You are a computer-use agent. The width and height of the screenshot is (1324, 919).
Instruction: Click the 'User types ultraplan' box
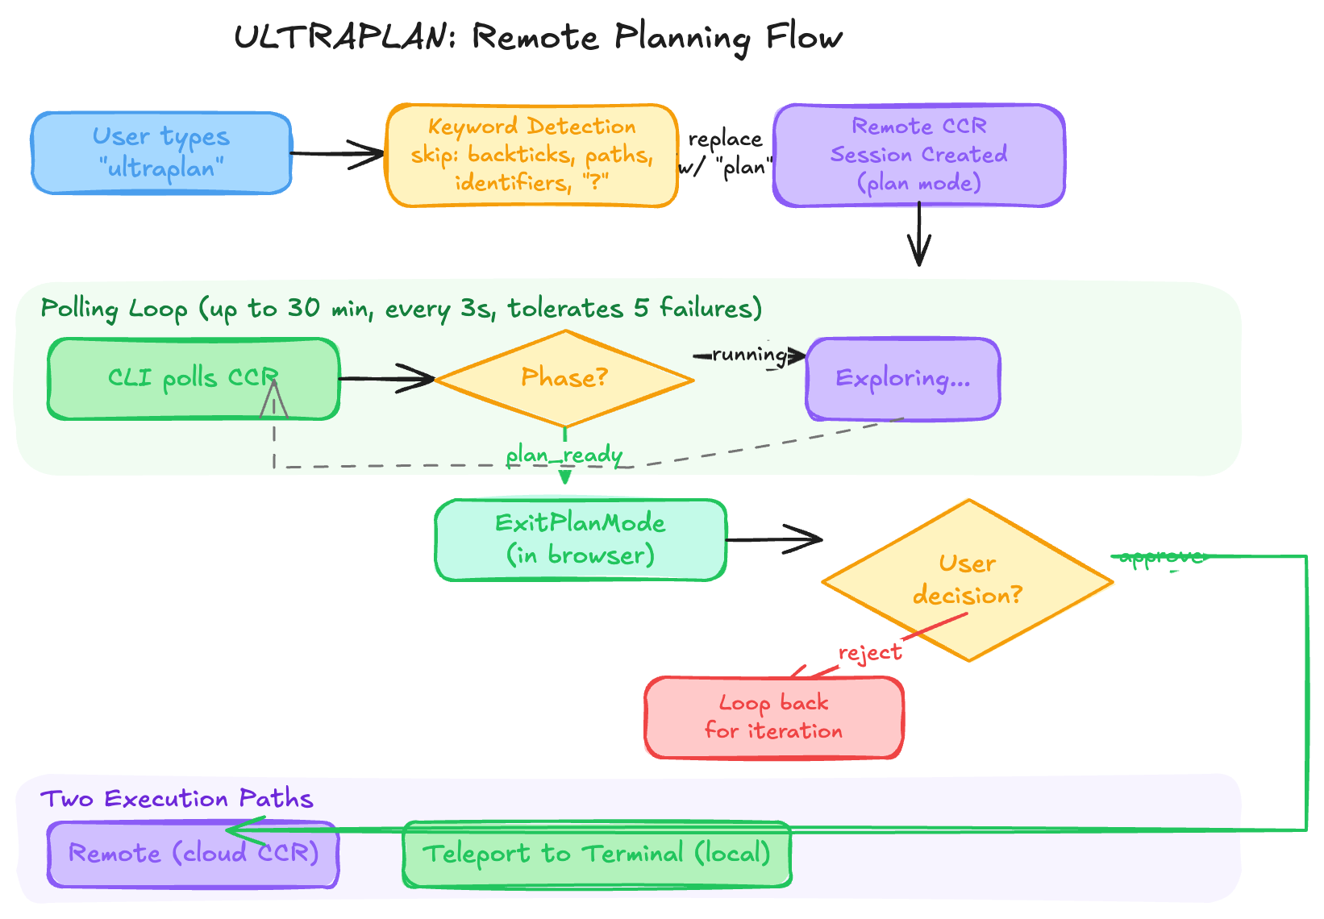pyautogui.click(x=161, y=153)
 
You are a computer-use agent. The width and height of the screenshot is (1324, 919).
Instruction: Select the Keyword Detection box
pyautogui.click(x=531, y=155)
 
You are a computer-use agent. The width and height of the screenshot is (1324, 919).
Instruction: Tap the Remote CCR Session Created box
pyautogui.click(x=918, y=155)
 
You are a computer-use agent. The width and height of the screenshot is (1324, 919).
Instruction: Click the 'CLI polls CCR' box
pyautogui.click(x=193, y=378)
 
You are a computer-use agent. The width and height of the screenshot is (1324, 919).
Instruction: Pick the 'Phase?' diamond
pyautogui.click(x=564, y=378)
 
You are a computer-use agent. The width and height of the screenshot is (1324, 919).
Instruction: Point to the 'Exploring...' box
pyautogui.click(x=902, y=378)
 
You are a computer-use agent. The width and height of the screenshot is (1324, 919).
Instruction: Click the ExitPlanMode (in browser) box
pyautogui.click(x=580, y=539)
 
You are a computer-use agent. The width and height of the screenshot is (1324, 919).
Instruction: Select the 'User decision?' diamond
pyautogui.click(x=967, y=580)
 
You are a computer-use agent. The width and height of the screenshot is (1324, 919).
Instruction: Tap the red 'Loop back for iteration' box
pyautogui.click(x=773, y=717)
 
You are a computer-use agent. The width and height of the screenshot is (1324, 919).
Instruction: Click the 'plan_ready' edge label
pyautogui.click(x=564, y=455)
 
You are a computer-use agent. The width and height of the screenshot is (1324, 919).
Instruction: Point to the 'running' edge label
pyautogui.click(x=749, y=355)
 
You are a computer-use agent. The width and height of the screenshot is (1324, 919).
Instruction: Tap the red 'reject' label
pyautogui.click(x=870, y=652)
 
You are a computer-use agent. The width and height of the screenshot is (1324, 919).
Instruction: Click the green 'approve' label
pyautogui.click(x=1161, y=557)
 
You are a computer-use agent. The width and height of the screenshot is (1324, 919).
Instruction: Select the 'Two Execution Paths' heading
pyautogui.click(x=177, y=799)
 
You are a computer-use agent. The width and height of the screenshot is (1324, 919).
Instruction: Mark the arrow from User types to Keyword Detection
pyautogui.click(x=337, y=153)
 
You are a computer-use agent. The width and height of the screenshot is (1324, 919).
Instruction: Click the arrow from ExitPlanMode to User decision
pyautogui.click(x=774, y=539)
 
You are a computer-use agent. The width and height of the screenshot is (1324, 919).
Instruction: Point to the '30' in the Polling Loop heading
pyautogui.click(x=303, y=308)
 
